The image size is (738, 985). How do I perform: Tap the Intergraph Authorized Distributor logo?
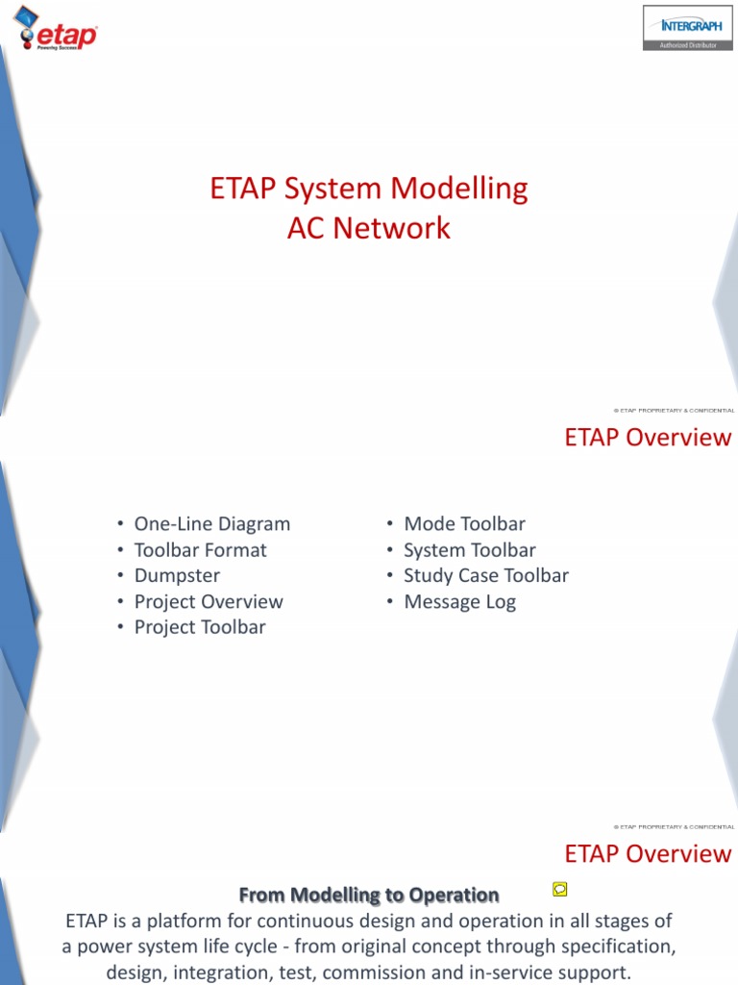click(685, 27)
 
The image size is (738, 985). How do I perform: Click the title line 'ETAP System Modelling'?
click(369, 189)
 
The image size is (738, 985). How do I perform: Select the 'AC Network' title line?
click(369, 228)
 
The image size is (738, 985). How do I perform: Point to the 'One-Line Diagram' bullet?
click(211, 524)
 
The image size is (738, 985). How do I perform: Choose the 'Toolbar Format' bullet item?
click(200, 550)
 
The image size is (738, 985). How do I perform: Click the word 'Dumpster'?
click(177, 576)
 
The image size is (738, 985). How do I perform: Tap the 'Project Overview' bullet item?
click(209, 602)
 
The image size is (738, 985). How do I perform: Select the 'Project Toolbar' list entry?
click(200, 628)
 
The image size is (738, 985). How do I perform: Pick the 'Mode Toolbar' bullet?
click(464, 524)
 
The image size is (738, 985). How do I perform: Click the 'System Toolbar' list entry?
click(469, 550)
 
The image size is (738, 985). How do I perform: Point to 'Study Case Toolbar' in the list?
click(485, 576)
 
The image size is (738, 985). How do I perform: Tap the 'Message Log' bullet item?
click(459, 602)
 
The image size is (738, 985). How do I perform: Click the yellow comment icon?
click(560, 888)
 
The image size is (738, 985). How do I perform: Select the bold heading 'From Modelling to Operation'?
click(369, 896)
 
